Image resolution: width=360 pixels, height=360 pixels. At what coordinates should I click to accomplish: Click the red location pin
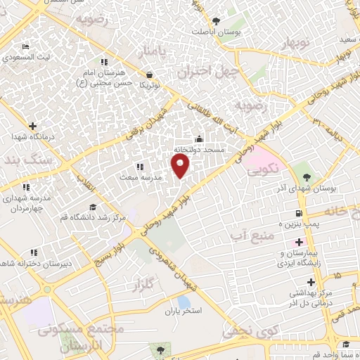pyautogui.click(x=181, y=166)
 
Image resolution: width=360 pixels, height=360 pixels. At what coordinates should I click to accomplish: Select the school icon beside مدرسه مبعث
pyautogui.click(x=140, y=167)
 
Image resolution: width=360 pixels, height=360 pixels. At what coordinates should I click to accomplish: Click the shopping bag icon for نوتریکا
pyautogui.click(x=149, y=74)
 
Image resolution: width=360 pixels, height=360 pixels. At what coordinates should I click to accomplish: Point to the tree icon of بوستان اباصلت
pyautogui.click(x=215, y=21)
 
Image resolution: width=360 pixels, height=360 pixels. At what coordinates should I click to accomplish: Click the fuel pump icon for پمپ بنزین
pyautogui.click(x=299, y=213)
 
